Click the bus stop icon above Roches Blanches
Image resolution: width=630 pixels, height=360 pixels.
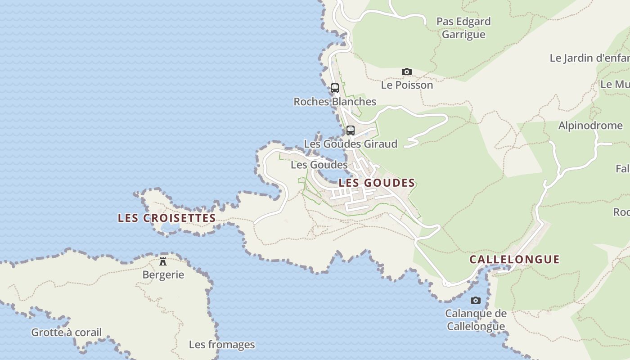(x=334, y=88)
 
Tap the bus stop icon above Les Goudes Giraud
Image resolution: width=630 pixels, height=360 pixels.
(x=351, y=130)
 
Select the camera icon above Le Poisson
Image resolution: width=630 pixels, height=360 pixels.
(x=406, y=72)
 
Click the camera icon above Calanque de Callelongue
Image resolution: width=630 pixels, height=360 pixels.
(x=475, y=300)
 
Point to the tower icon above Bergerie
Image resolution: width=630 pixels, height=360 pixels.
(x=163, y=261)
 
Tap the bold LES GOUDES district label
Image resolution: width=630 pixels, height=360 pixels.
(x=377, y=183)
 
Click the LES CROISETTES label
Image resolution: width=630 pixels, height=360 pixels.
(x=166, y=218)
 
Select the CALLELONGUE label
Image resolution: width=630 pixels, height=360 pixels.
(x=514, y=259)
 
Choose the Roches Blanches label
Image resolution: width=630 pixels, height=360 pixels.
(x=335, y=102)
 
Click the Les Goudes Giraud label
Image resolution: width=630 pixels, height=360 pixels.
(x=351, y=144)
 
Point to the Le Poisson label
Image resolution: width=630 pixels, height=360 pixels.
(x=407, y=85)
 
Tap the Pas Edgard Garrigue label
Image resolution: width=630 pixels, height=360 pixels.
(x=463, y=28)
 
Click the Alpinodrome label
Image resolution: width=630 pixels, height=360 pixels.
(x=590, y=126)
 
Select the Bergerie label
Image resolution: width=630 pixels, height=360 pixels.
(x=163, y=274)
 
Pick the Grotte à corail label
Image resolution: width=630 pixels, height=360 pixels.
(x=66, y=333)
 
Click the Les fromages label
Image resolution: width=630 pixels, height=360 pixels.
(x=221, y=345)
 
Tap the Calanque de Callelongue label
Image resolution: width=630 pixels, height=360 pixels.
(x=476, y=319)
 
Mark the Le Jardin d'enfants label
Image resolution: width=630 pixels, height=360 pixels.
(x=589, y=58)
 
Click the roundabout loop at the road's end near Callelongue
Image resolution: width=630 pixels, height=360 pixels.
(x=446, y=283)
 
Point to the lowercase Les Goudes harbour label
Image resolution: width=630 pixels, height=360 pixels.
(x=319, y=165)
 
